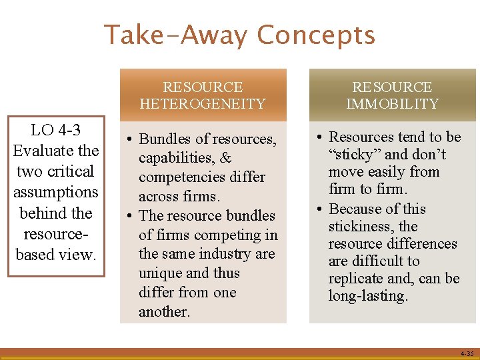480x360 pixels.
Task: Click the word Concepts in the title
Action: tap(316, 35)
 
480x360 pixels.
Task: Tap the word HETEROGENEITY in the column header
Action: tap(203, 103)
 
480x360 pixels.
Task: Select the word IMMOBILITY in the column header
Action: tap(392, 103)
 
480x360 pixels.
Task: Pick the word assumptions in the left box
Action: tap(55, 192)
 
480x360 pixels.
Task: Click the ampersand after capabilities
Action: tap(225, 158)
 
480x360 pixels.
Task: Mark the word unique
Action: tap(158, 273)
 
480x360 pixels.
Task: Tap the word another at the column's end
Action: tap(164, 311)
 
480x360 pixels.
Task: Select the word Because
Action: tap(359, 209)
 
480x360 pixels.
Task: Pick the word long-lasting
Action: tap(367, 295)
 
